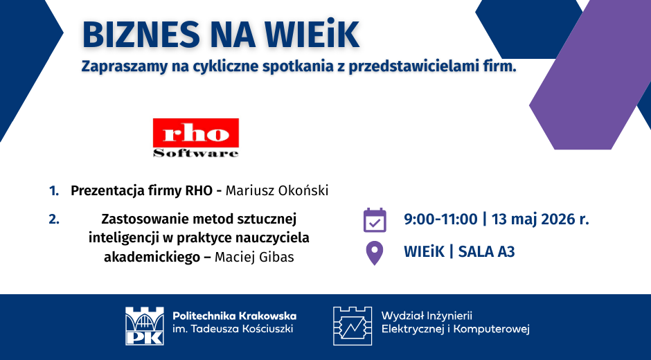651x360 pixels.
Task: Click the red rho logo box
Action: [196, 133]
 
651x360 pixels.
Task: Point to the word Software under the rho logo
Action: [196, 153]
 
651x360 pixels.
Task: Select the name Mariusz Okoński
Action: [277, 190]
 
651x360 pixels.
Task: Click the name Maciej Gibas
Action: [254, 258]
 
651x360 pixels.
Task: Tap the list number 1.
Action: [54, 191]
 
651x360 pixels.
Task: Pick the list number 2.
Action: [54, 219]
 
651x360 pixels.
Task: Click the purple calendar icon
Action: [375, 220]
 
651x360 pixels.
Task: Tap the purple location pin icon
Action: [374, 253]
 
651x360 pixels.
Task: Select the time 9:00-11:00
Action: [440, 219]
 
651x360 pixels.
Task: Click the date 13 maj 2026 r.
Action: [540, 219]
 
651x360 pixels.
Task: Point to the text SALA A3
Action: [487, 252]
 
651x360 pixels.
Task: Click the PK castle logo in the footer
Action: [145, 326]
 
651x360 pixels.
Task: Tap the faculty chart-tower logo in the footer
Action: [353, 326]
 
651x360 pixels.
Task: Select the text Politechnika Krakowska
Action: [235, 316]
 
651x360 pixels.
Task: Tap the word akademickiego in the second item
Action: [152, 258]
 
